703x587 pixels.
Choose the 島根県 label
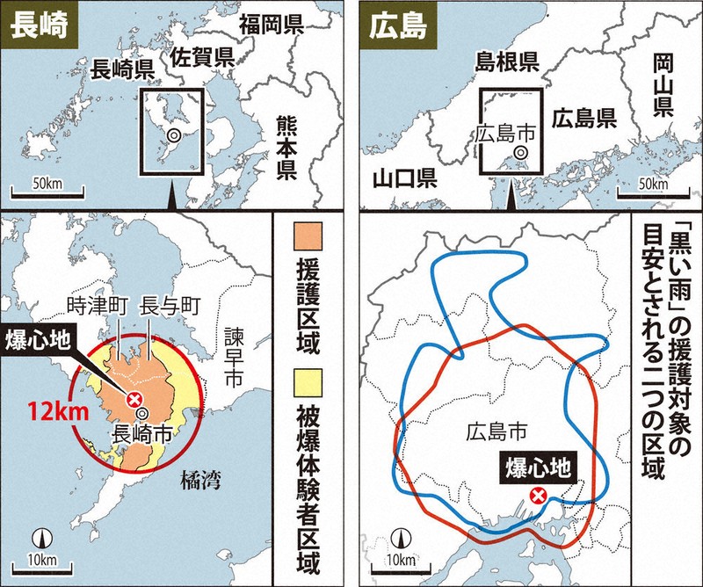pos(506,61)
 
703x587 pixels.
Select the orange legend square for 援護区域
pos(315,238)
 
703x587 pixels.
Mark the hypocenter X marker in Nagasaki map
pos(134,400)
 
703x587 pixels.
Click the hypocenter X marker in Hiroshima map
pos(540,496)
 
